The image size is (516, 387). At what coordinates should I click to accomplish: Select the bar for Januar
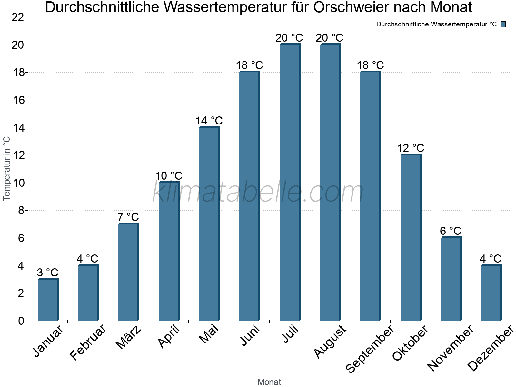pos(48,300)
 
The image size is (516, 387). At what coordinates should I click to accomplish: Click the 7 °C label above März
pos(128,217)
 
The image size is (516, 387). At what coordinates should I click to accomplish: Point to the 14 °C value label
pos(209,121)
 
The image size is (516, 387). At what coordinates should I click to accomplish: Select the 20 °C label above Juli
pos(289,38)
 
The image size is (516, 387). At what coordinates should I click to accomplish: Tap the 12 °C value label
pos(411,148)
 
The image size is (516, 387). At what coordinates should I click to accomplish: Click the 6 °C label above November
pos(451,231)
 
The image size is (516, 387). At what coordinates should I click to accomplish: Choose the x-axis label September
pos(370,349)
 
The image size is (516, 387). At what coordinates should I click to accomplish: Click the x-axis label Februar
pos(88,342)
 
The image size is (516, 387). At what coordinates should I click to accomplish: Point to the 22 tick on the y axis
pos(18,17)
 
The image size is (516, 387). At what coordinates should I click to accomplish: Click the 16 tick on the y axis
pos(18,100)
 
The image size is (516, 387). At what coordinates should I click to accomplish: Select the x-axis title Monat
pos(269,382)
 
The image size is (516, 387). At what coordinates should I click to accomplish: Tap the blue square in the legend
pos(504,24)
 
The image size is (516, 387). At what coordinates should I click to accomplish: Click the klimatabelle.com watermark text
pos(258,193)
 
